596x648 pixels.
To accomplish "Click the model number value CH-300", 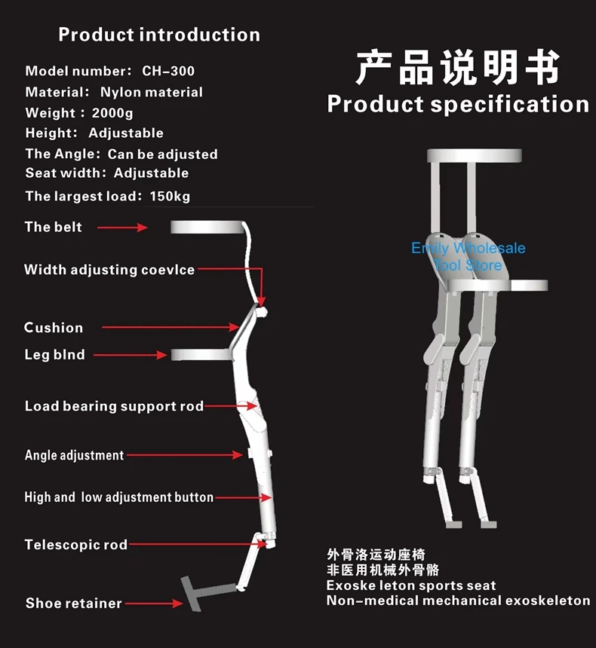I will point(168,71).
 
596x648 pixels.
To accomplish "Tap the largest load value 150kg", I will point(170,196).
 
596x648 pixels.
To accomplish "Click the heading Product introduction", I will point(159,35).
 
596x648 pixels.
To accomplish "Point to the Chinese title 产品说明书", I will point(458,68).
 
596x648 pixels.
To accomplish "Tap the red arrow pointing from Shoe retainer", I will point(155,603).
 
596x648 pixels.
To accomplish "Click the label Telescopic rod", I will point(75,545).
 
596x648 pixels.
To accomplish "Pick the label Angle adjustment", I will point(74,455).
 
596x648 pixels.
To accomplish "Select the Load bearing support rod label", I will point(114,406).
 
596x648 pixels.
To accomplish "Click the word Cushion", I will point(54,328).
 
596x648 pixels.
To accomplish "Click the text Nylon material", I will point(152,92).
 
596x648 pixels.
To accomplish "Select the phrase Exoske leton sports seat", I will point(411,585).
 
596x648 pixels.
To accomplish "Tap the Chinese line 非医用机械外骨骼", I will point(382,570).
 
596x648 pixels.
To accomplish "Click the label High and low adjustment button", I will point(118,497).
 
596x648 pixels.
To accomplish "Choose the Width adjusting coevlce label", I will point(109,270).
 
